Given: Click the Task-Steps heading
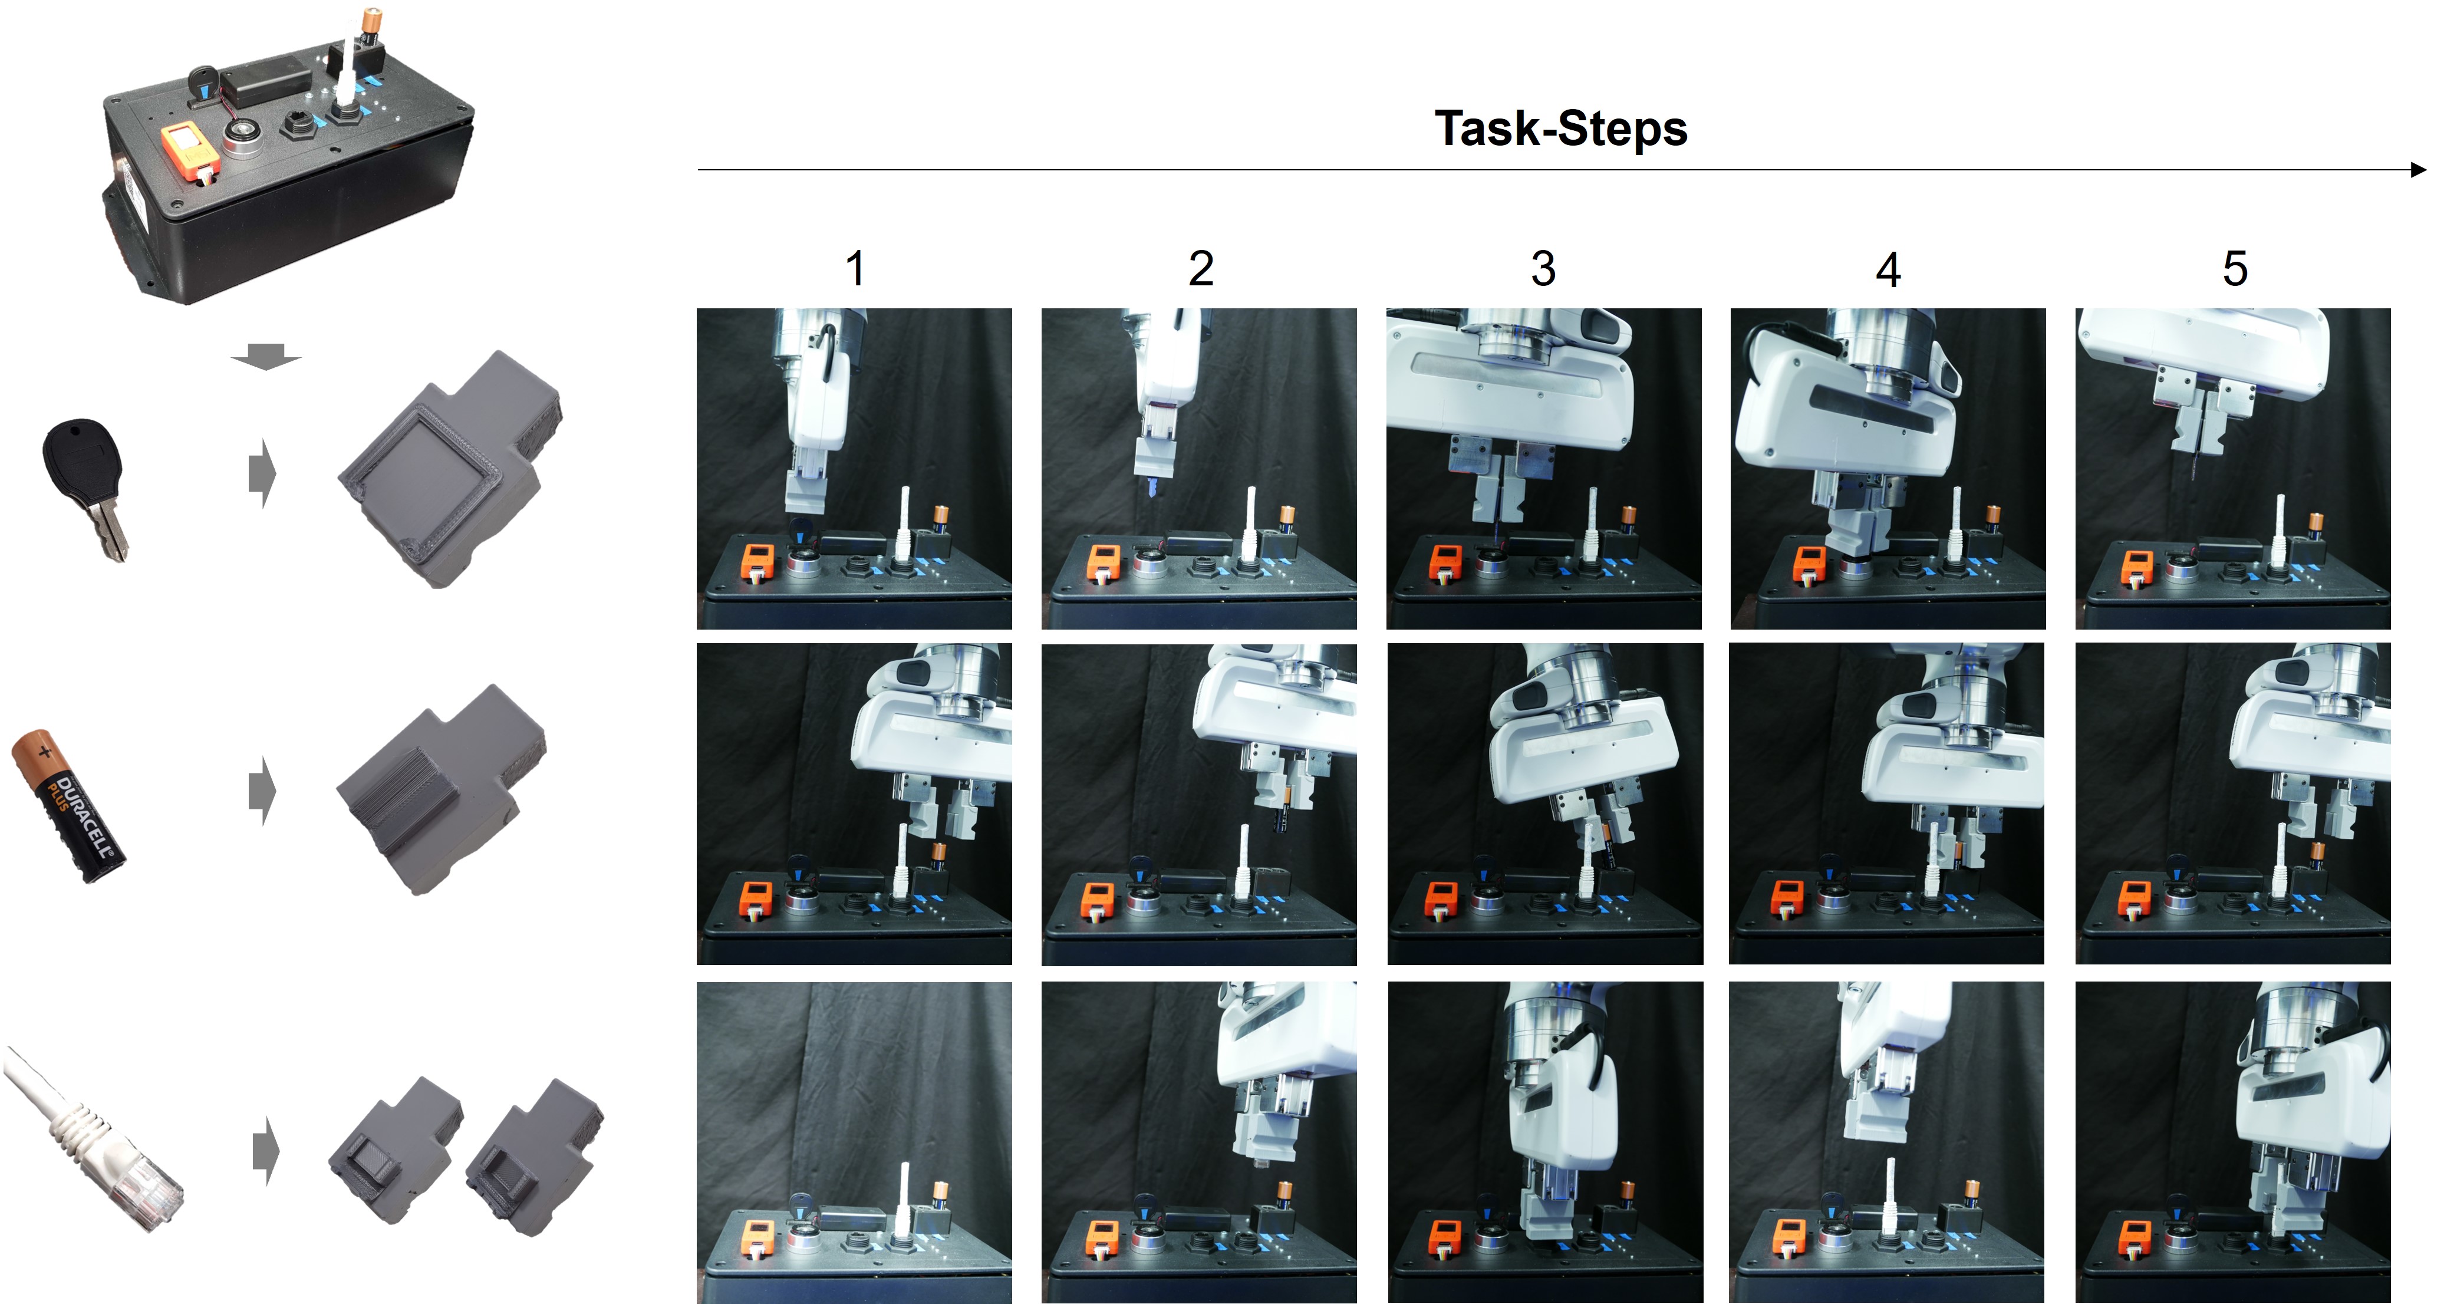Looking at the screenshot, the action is click(x=1561, y=128).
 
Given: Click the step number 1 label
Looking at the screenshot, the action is click(x=855, y=269).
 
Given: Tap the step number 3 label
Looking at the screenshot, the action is click(x=1544, y=269).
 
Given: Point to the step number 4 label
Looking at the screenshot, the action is click(x=1888, y=269).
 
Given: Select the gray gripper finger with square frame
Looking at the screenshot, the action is click(x=450, y=469).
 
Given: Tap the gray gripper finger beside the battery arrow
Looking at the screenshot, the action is click(x=441, y=789).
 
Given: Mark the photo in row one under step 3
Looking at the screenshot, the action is click(x=1544, y=469).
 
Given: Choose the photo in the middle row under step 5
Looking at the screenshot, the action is click(x=2232, y=804).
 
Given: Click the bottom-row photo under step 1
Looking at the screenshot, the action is click(x=854, y=1142).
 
